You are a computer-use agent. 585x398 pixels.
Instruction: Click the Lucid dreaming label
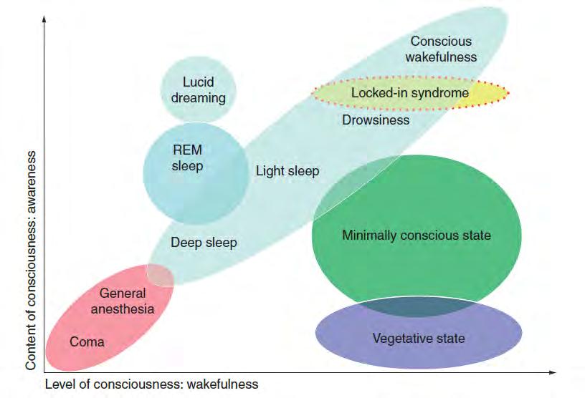point(198,89)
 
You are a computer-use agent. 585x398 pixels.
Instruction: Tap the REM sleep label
point(187,157)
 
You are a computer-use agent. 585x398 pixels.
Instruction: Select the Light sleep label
point(287,171)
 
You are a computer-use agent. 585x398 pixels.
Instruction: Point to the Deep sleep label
point(204,243)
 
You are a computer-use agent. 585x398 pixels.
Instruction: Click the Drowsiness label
point(376,120)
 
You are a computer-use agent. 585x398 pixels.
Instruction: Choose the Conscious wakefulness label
point(441,49)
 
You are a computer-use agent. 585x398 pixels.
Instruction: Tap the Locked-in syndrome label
point(409,93)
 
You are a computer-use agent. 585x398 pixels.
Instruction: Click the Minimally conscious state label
point(417,236)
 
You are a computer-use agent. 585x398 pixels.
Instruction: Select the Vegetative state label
point(419,339)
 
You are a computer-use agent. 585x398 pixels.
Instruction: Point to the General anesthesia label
point(123,301)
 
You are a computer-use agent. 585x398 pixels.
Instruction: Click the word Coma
point(87,341)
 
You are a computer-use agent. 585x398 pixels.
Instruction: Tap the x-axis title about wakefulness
point(151,384)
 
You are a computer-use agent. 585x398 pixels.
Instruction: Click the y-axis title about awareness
point(31,260)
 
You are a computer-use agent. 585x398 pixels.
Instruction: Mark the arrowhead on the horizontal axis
point(553,372)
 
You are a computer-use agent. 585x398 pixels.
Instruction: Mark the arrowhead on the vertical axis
point(44,19)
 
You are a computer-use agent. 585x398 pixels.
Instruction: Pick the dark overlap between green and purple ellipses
point(418,306)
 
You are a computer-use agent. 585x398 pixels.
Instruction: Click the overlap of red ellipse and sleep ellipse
point(161,275)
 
